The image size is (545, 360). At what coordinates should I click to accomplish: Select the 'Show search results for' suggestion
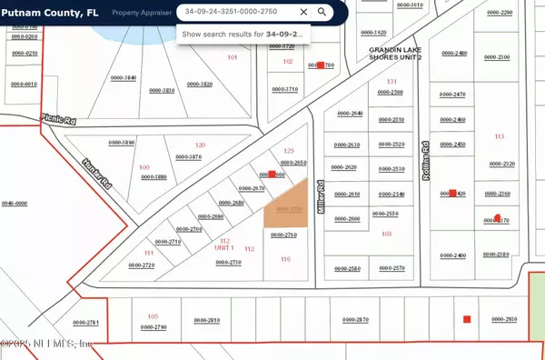point(246,34)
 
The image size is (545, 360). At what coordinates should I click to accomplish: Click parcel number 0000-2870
point(355,319)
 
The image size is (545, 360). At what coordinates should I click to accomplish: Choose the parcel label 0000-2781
point(85,322)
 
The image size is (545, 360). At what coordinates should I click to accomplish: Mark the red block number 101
point(232,56)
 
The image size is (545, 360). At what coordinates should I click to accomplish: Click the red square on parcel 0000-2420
point(451,194)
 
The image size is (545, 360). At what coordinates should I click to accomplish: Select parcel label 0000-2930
point(504,319)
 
